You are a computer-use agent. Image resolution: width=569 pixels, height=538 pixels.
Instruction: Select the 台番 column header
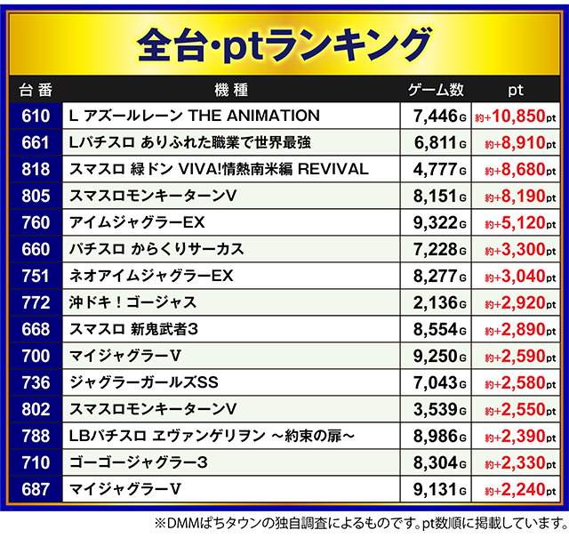click(35, 90)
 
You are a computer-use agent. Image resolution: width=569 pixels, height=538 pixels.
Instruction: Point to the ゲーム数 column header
click(436, 90)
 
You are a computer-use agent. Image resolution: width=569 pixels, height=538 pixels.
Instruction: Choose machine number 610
click(35, 116)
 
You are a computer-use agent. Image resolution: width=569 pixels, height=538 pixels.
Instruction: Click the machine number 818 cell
click(35, 169)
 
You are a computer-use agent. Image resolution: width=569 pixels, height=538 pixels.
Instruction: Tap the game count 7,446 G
click(439, 116)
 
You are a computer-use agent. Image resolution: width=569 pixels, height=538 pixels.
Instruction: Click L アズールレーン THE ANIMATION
click(194, 116)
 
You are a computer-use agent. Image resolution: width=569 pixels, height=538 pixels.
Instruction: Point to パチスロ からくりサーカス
click(156, 249)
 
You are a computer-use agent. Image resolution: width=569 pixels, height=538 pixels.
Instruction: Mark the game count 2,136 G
click(439, 302)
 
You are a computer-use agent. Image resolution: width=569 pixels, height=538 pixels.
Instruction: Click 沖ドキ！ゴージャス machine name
click(132, 302)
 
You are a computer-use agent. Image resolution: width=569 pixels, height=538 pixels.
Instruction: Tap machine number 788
click(35, 436)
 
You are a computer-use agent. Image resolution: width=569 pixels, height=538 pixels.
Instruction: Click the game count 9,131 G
click(439, 489)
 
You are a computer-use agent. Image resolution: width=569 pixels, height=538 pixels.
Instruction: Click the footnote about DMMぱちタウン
click(356, 522)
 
